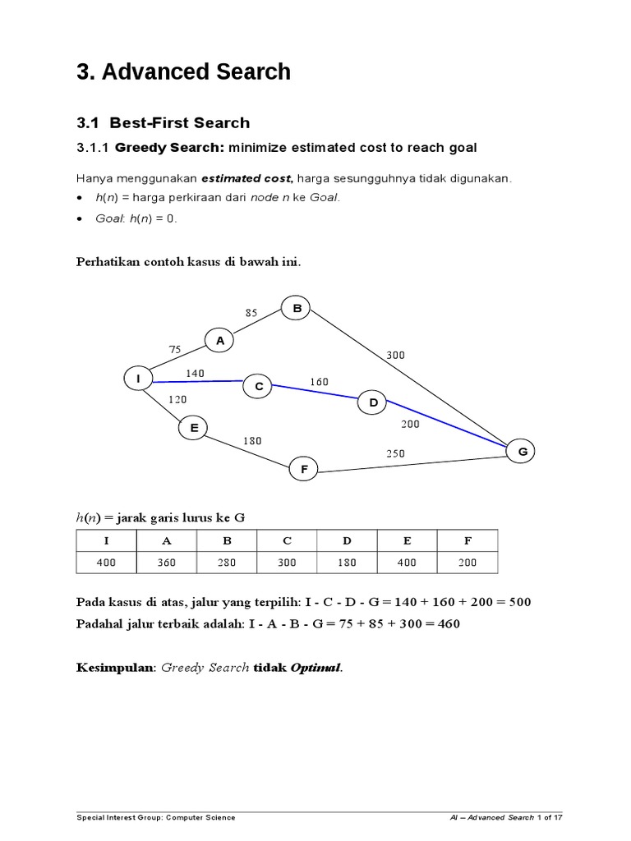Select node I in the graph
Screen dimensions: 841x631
[x=139, y=379]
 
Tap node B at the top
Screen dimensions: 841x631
[x=297, y=309]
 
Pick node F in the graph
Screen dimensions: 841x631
[x=303, y=470]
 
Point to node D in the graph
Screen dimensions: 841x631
[x=372, y=402]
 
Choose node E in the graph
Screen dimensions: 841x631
[x=193, y=427]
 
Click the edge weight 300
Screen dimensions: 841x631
[x=395, y=356]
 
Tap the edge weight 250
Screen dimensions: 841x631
[x=395, y=453]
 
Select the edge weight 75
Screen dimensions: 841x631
[x=174, y=349]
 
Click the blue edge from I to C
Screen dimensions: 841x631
[x=197, y=381]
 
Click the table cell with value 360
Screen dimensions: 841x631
[x=167, y=563]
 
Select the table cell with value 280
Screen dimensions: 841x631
[x=227, y=563]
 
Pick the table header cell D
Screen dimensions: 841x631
[x=347, y=540]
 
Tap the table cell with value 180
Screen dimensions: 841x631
[x=347, y=563]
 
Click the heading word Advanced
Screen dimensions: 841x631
[x=155, y=72]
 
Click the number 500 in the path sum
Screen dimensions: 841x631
[x=519, y=602]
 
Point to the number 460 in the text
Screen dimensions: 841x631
[x=448, y=623]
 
